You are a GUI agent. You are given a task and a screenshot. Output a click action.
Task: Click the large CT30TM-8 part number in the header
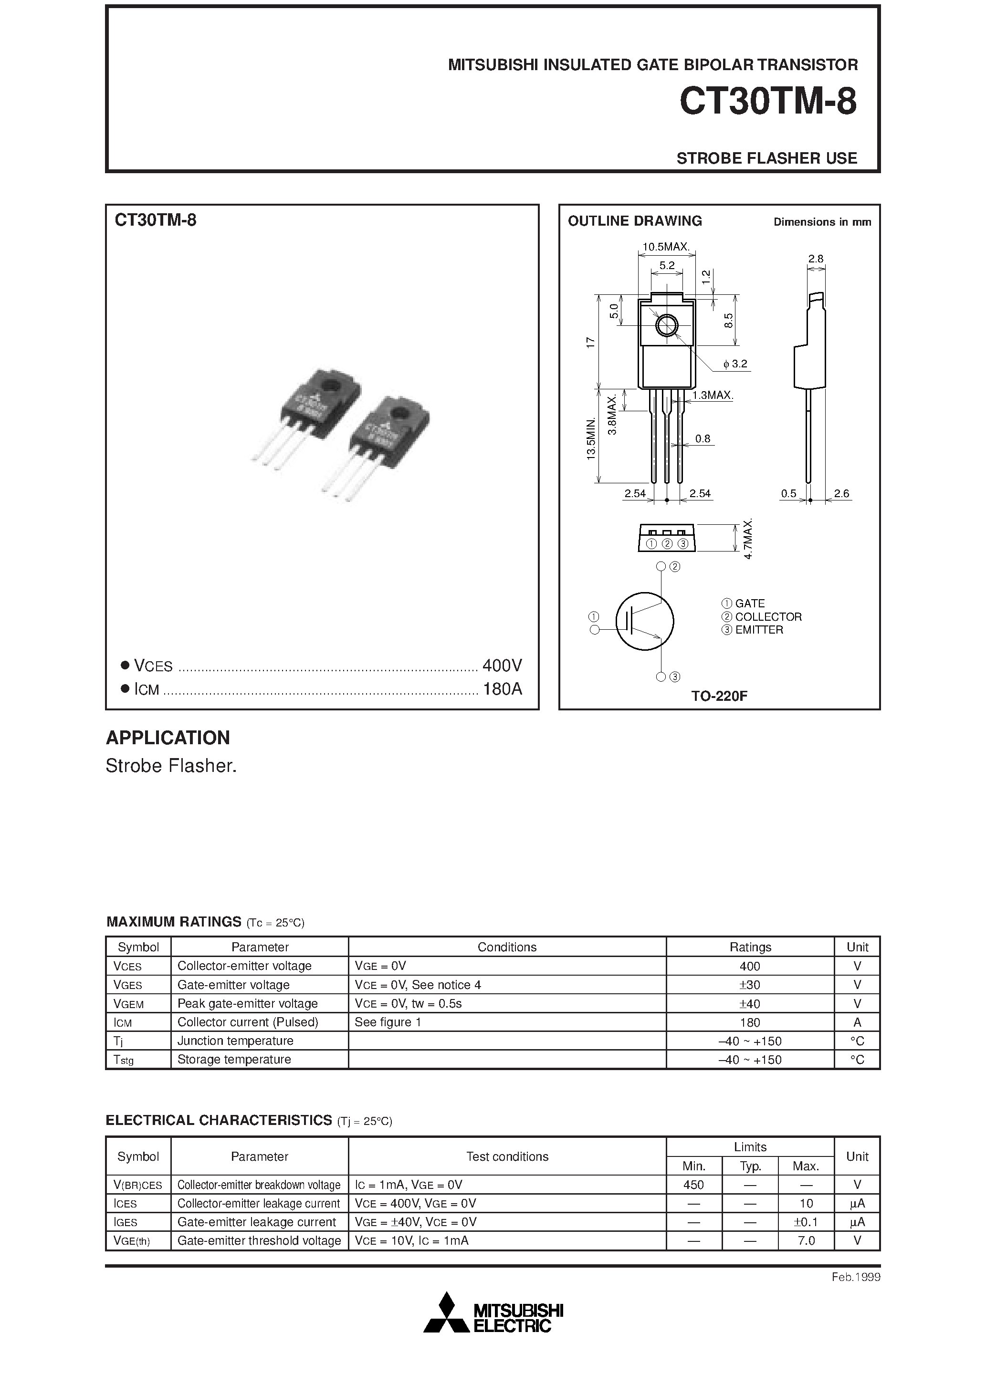pos(768,102)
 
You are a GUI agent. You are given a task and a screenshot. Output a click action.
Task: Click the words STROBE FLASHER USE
pos(766,158)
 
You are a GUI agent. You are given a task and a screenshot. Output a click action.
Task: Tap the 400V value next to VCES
pos(502,666)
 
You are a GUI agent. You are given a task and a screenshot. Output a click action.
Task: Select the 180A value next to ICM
pos(502,689)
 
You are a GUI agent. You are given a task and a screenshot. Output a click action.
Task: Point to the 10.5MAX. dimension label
pos(666,247)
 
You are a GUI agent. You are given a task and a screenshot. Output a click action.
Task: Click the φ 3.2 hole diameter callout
pos(735,364)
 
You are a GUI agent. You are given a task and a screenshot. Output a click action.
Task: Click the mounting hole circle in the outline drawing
pos(667,326)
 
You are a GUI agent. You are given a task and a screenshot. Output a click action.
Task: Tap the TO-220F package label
pos(719,696)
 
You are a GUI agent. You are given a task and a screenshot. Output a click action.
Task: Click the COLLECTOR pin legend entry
pos(768,617)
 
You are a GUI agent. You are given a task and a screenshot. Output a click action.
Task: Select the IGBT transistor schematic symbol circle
pos(644,622)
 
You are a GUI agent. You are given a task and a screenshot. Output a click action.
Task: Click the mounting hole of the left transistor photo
pos(331,385)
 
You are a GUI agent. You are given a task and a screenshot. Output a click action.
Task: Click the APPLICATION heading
pos(168,738)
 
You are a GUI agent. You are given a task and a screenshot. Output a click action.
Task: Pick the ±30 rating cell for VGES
pos(750,985)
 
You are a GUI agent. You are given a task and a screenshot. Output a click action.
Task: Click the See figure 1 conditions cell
pos(388,1022)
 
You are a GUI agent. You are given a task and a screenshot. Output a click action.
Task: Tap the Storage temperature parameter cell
pos(234,1059)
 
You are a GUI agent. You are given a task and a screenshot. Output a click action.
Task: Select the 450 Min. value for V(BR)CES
pos(693,1185)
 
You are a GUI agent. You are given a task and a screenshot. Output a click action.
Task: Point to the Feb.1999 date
pos(855,1277)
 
